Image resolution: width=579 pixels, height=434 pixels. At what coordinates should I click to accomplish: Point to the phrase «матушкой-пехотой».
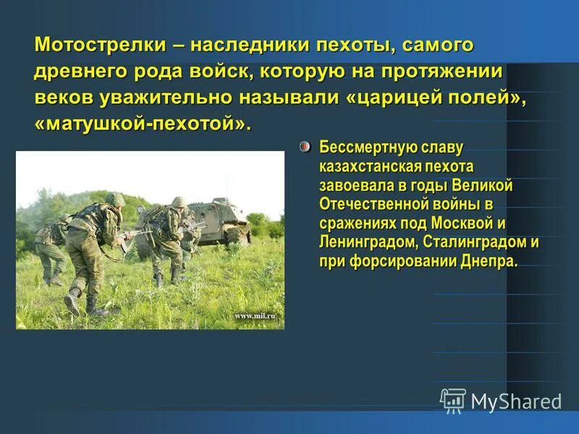tap(143, 124)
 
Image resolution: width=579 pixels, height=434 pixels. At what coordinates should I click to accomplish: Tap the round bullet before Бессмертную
tap(305, 147)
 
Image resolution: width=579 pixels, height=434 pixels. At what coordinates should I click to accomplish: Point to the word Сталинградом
tap(473, 242)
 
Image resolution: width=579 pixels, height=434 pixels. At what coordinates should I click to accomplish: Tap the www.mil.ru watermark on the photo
tap(255, 316)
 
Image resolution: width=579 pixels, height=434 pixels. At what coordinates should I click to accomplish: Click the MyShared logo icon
tap(453, 400)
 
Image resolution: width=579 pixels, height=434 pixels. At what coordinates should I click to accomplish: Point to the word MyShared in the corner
tap(515, 401)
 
